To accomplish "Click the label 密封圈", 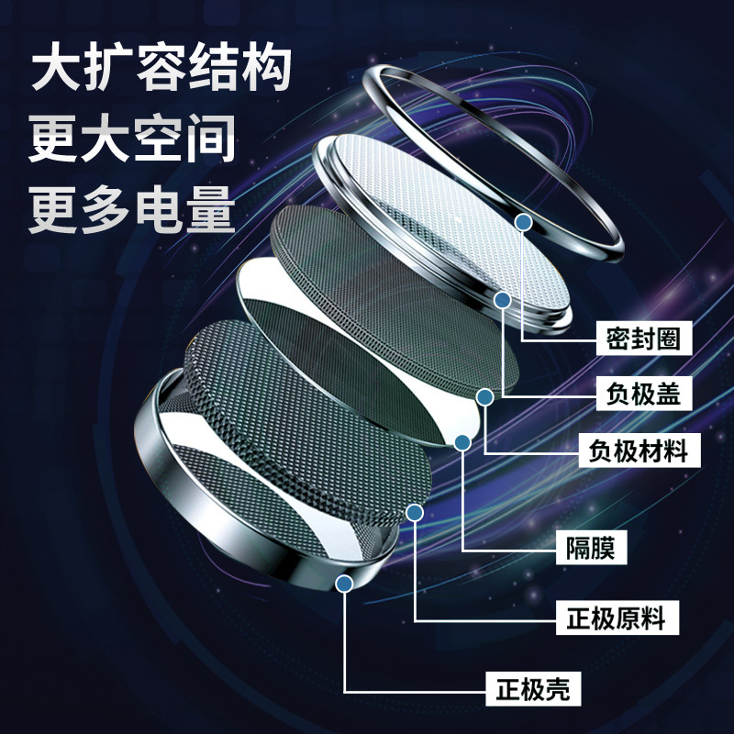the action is point(642,339).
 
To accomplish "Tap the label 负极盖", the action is point(642,395).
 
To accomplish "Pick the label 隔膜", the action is point(591,550).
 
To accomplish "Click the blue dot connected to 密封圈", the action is point(524,221).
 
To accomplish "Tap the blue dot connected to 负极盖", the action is point(502,299).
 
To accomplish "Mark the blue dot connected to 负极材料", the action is point(484,396).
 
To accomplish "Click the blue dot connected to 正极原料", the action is point(415,513).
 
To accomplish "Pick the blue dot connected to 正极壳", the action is point(345,582).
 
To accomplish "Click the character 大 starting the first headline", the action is point(52,70).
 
